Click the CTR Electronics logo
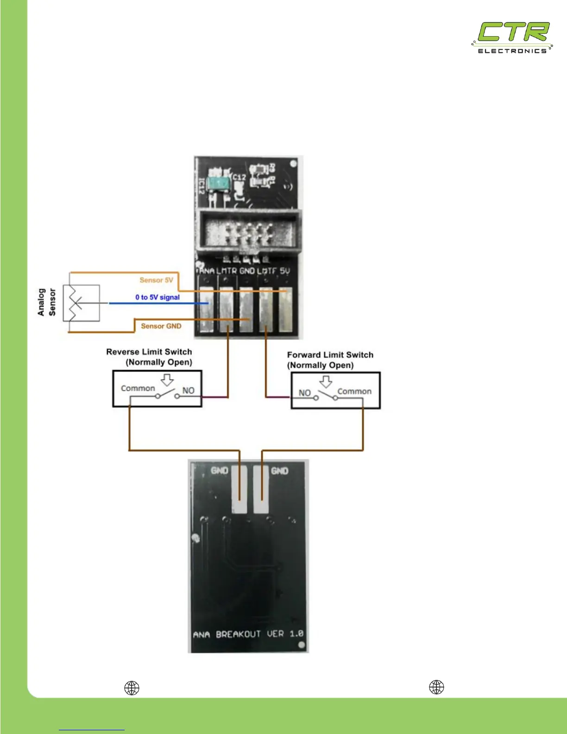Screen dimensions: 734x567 [x=512, y=38]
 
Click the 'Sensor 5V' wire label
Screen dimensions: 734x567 [x=156, y=280]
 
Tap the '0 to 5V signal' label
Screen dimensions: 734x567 [x=157, y=297]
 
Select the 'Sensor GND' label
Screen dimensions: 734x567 [x=161, y=326]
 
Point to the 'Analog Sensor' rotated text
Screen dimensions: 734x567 [x=46, y=302]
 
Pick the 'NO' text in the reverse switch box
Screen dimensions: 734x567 [x=188, y=391]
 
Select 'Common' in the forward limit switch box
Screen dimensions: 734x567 [x=354, y=392]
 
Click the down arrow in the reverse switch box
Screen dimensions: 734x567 [x=167, y=380]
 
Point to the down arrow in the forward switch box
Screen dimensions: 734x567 [x=326, y=382]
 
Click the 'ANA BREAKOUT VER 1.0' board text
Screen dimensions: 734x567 [x=248, y=633]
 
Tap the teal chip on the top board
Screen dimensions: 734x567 [x=218, y=183]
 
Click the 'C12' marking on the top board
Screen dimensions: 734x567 [x=239, y=177]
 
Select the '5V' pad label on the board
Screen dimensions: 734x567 [x=285, y=271]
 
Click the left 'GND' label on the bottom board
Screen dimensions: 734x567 [x=220, y=471]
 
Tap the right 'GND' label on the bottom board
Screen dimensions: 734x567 [x=279, y=471]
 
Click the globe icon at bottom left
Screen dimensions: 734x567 [x=132, y=688]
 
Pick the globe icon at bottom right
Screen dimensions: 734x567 [x=436, y=687]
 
